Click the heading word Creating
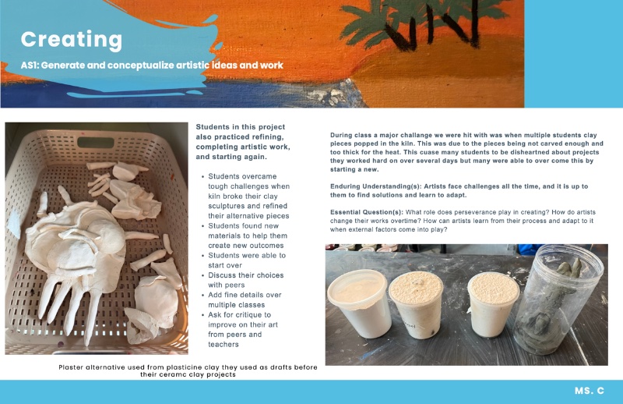[72, 40]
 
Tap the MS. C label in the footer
[590, 391]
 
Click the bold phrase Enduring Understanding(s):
[375, 186]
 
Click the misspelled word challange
[409, 136]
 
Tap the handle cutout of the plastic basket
[96, 143]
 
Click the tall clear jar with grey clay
[558, 299]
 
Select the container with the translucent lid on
[358, 302]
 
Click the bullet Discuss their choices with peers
[246, 280]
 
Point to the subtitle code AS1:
[30, 66]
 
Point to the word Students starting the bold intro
[213, 127]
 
